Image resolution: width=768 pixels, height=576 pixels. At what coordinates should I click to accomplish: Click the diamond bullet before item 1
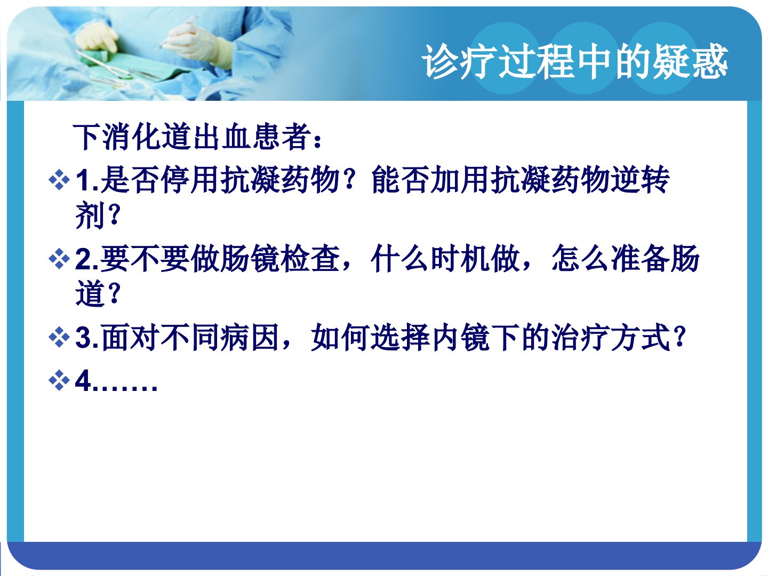(59, 180)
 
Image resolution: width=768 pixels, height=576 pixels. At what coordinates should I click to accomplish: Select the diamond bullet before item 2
(59, 259)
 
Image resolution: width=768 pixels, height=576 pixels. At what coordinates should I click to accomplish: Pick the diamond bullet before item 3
(59, 338)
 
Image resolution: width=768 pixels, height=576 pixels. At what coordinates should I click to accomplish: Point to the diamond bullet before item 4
(59, 380)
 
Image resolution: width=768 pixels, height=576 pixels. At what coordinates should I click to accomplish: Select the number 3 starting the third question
(84, 338)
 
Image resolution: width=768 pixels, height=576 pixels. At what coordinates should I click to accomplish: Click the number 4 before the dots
(84, 380)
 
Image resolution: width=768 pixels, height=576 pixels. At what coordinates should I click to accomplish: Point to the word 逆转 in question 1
(640, 180)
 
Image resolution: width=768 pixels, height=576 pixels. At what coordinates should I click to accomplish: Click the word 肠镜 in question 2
(251, 259)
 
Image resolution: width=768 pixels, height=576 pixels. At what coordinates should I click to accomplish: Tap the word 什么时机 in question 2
(430, 259)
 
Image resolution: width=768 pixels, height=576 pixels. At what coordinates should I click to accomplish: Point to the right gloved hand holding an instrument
(196, 43)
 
